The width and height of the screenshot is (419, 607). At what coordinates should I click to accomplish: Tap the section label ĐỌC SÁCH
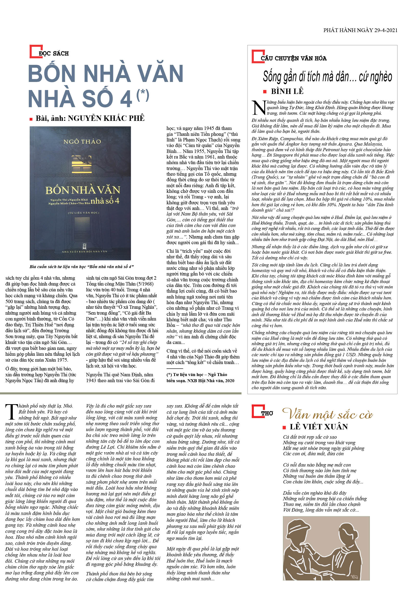pos(54,54)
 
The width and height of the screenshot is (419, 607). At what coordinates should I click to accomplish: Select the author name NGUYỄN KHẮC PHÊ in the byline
pos(106,118)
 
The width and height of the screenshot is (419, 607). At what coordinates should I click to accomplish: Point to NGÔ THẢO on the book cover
pos(82,142)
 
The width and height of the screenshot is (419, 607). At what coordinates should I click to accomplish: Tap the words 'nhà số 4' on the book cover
pos(105,201)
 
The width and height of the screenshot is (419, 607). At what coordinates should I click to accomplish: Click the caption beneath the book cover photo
pos(82,267)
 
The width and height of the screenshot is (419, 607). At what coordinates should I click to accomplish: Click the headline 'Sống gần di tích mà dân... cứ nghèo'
pos(327,77)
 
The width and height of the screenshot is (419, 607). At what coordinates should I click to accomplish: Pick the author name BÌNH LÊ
pos(287,91)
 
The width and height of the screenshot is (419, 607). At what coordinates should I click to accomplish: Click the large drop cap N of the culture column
pos(259,108)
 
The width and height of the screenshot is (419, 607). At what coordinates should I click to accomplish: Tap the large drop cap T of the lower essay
pos(11,412)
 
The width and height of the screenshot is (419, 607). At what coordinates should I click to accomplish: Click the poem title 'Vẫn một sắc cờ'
pos(327,414)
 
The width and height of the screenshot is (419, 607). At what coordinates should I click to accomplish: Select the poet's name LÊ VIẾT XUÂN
pos(319,427)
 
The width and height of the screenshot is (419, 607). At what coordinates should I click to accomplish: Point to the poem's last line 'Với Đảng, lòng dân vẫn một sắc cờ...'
pos(321,510)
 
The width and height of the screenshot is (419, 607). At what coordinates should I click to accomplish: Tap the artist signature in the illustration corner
pos(354,577)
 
